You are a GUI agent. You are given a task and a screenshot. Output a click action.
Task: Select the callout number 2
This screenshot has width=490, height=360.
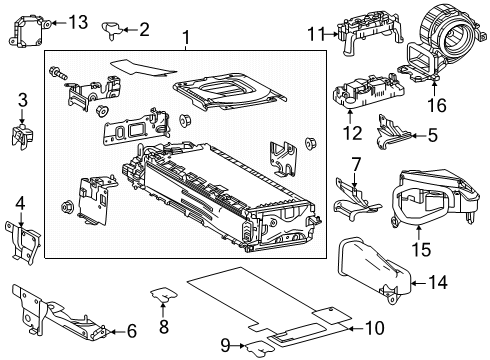coord(143,30)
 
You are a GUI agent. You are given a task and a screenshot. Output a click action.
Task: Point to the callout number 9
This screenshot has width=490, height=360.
coord(228,345)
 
